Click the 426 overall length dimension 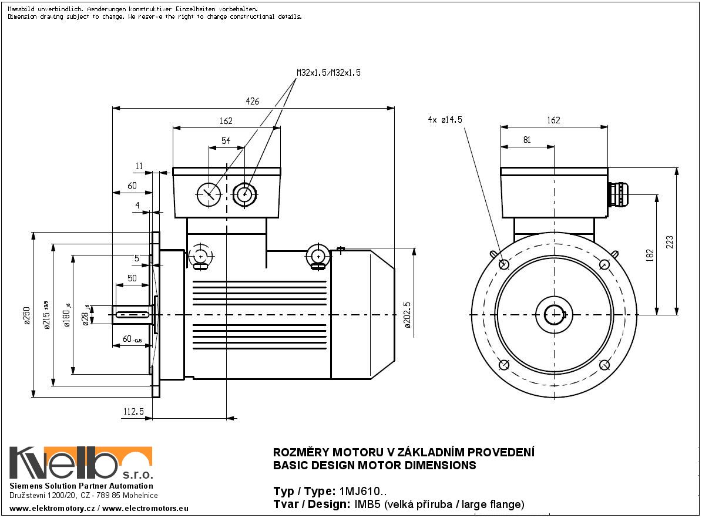click(x=252, y=102)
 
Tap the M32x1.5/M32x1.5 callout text click(x=328, y=73)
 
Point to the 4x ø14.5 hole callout click(x=445, y=120)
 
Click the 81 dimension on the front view click(x=526, y=140)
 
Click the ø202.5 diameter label click(x=408, y=315)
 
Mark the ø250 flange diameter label click(x=26, y=315)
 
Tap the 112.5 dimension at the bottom click(x=133, y=413)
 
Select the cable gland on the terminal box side click(x=618, y=194)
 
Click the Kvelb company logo click(x=81, y=463)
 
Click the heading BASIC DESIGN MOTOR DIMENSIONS click(x=375, y=466)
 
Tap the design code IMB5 click(x=365, y=504)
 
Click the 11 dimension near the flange click(x=139, y=166)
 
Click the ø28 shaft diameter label click(x=86, y=316)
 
